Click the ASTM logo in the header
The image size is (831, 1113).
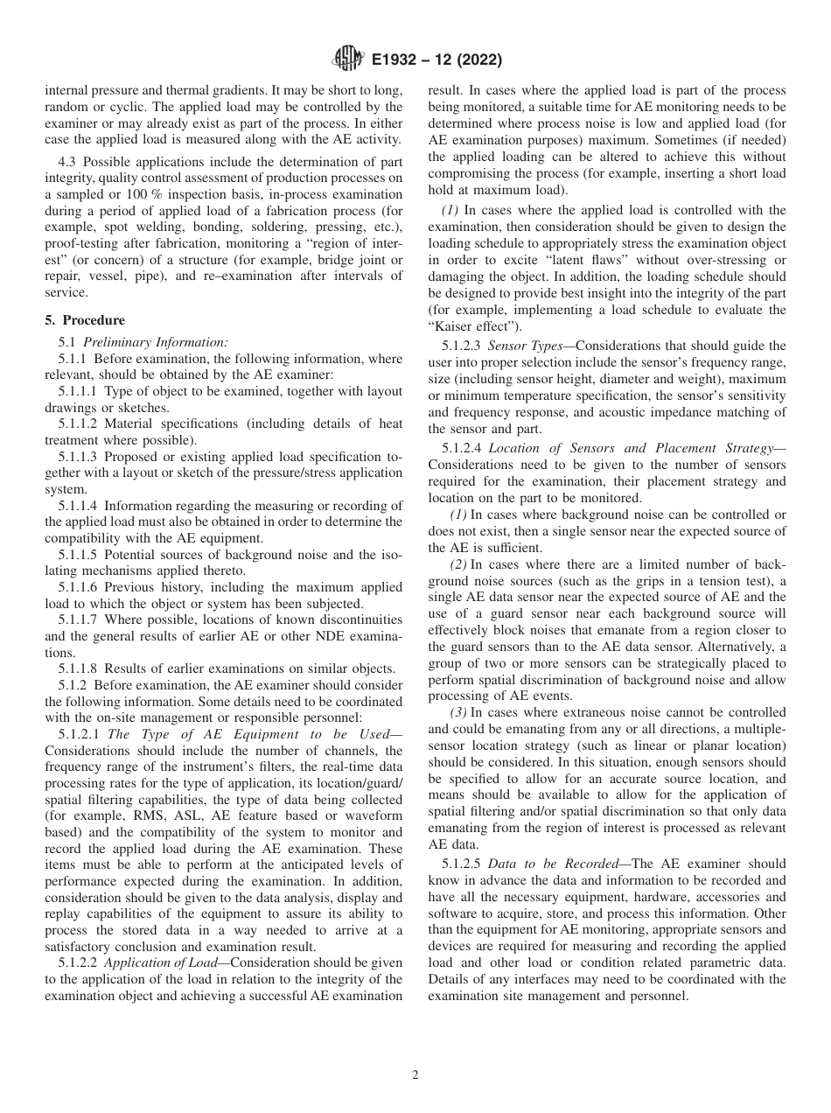point(345,60)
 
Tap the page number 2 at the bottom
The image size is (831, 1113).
point(415,1075)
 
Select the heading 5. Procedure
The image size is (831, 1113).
point(84,320)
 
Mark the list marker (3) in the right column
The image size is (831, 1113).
point(459,712)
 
